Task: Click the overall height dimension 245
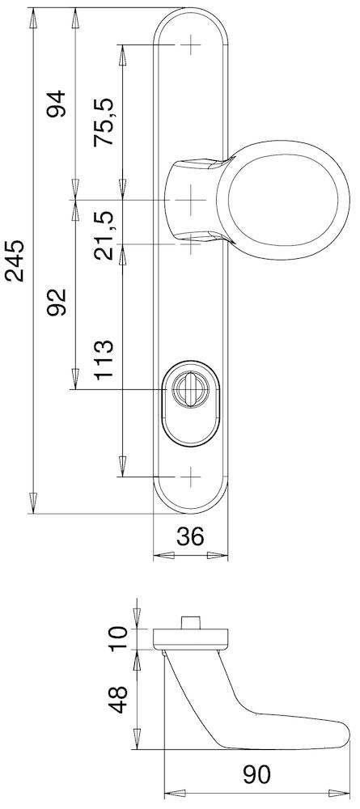coord(16,260)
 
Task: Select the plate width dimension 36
coord(190,536)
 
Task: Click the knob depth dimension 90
coord(257,775)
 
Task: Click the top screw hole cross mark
coord(191,44)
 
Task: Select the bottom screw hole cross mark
coord(191,477)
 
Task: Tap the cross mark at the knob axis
coord(191,199)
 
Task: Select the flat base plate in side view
coord(191,638)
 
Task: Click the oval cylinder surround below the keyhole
coord(191,425)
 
